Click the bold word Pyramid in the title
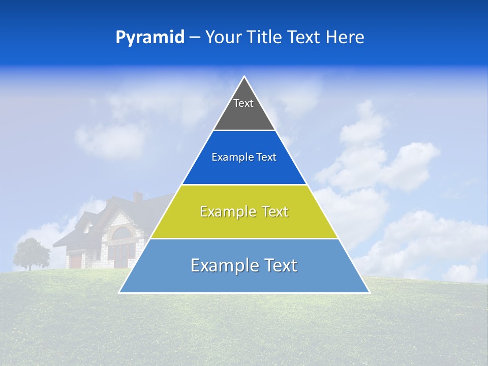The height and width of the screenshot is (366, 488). pyautogui.click(x=149, y=38)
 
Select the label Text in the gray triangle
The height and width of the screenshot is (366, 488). pyautogui.click(x=243, y=103)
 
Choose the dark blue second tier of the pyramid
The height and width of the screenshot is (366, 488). pyautogui.click(x=244, y=170)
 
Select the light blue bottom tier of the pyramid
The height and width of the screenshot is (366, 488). pyautogui.click(x=244, y=280)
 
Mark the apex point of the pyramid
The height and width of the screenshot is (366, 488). pyautogui.click(x=245, y=77)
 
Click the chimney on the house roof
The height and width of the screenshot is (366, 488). pyautogui.click(x=137, y=197)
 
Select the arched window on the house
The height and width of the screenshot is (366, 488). pyautogui.click(x=121, y=234)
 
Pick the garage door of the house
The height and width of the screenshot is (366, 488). pyautogui.click(x=76, y=261)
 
